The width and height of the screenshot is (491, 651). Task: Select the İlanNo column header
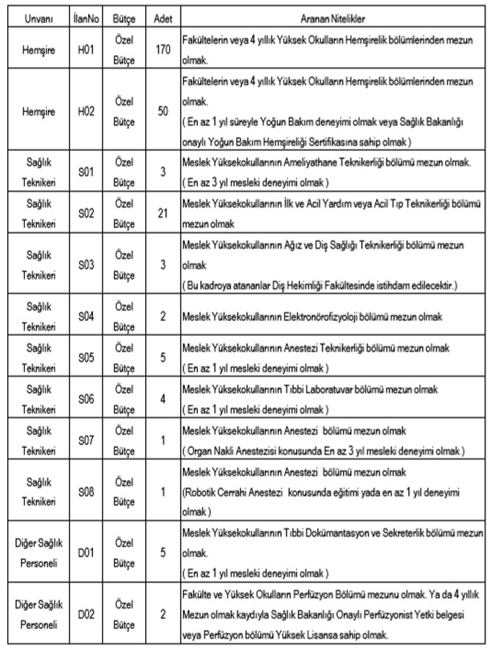click(86, 15)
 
